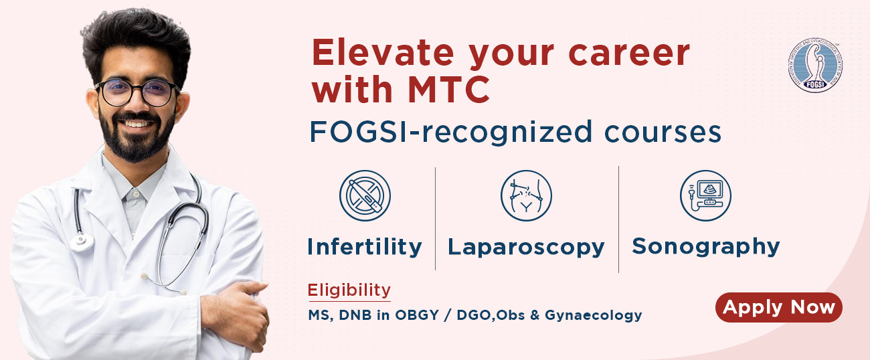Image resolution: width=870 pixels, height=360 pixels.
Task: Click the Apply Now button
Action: coord(778,308)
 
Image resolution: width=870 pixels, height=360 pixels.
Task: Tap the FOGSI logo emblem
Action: coord(814,65)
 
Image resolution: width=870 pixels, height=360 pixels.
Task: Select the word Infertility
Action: coord(364,247)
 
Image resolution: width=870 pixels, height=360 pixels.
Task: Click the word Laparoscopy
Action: coord(526,247)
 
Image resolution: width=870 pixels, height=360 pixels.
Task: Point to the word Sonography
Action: coord(705,246)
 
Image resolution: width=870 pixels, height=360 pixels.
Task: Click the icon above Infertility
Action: coord(365,195)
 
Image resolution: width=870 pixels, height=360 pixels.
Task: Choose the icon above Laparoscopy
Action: coord(526,195)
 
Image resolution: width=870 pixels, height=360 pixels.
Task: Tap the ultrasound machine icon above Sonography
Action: coord(705,195)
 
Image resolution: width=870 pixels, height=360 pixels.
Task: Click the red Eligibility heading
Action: coord(349,290)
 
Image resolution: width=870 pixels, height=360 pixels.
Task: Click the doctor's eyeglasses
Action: coord(137,92)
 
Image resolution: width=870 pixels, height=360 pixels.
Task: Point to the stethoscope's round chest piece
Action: coord(81,240)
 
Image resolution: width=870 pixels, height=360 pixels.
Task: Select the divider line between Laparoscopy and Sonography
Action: coord(618,219)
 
